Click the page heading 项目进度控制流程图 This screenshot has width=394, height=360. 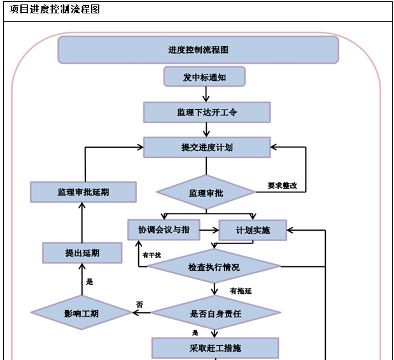tap(55, 10)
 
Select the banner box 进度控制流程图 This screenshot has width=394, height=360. tap(198, 50)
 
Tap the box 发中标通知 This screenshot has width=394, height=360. tap(204, 77)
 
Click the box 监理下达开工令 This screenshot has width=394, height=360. tap(207, 112)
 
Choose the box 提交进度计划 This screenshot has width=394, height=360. tap(207, 147)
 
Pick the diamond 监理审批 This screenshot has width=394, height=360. tap(206, 192)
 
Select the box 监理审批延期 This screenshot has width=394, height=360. tap(83, 191)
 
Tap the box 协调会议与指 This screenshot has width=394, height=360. tap(164, 229)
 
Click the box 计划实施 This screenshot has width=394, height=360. tap(253, 230)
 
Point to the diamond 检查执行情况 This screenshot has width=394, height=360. tap(214, 267)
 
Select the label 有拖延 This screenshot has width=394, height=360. tap(241, 291)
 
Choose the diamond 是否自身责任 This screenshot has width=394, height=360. tap(215, 313)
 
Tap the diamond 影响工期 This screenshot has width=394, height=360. tap(81, 313)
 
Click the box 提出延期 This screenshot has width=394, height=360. tap(82, 252)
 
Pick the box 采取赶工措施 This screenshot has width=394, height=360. tap(215, 348)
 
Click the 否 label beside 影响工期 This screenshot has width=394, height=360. tap(139, 305)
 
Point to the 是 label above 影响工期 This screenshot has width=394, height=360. tap(89, 281)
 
